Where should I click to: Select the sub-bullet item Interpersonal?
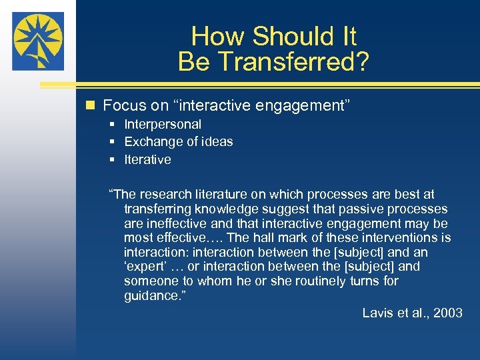pyautogui.click(x=163, y=124)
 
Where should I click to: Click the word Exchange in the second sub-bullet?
pyautogui.click(x=151, y=141)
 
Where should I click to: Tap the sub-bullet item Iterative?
pyautogui.click(x=147, y=159)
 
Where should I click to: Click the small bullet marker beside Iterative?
pyautogui.click(x=114, y=159)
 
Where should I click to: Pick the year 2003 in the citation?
pyautogui.click(x=447, y=313)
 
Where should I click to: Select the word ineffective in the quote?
pyautogui.click(x=178, y=223)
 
